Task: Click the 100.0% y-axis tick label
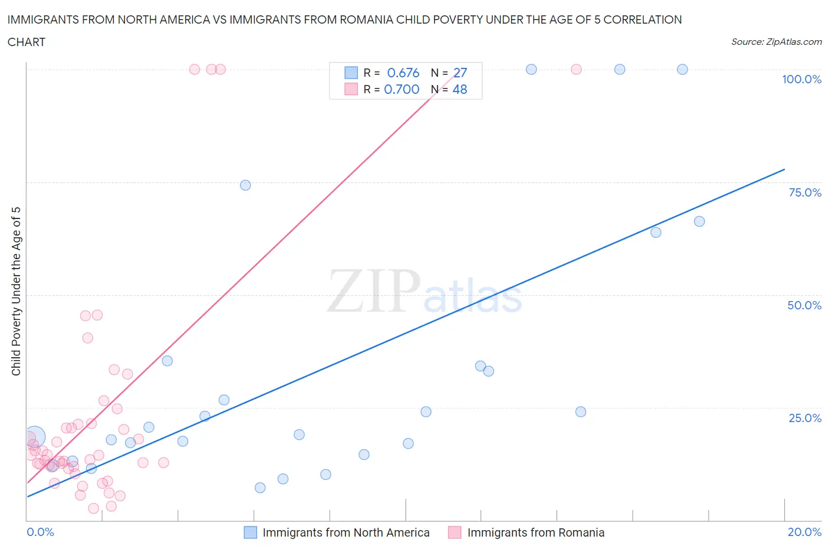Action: click(x=801, y=79)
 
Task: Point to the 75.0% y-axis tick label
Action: click(x=805, y=192)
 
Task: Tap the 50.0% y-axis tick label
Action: click(x=804, y=305)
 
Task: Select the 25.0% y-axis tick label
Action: click(x=805, y=418)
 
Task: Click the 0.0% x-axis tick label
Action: click(x=40, y=532)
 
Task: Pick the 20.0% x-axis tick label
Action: click(x=804, y=532)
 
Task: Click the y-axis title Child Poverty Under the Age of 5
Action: click(x=16, y=291)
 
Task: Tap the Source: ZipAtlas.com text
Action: click(x=776, y=41)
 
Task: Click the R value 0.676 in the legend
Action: click(x=403, y=73)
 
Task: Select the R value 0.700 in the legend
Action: click(x=402, y=89)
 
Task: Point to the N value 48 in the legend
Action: click(x=459, y=89)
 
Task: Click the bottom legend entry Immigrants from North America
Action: click(x=346, y=532)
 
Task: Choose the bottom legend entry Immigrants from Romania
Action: click(x=535, y=532)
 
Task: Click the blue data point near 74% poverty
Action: click(x=245, y=185)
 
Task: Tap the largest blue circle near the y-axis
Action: click(x=34, y=437)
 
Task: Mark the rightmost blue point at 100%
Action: click(x=682, y=69)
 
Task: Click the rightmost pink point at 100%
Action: click(x=576, y=69)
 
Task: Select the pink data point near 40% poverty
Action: click(x=87, y=338)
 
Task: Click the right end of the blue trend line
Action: click(x=784, y=169)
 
